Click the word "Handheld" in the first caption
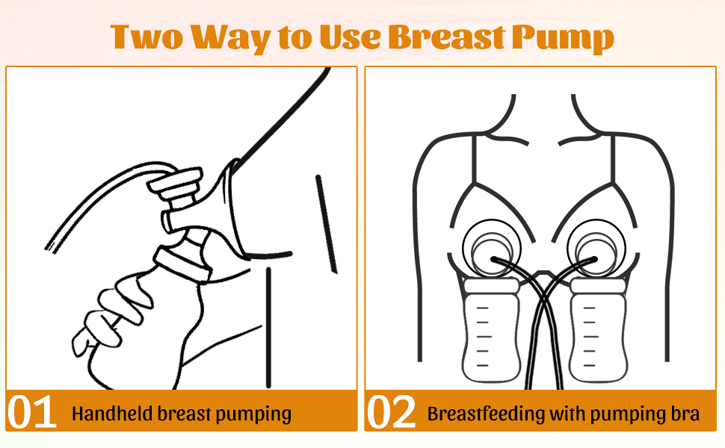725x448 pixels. pyautogui.click(x=111, y=413)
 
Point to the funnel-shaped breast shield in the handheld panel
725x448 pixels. pyautogui.click(x=224, y=209)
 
